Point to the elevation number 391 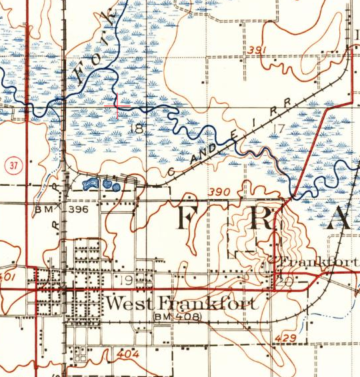click(x=255, y=51)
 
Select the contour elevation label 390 click(x=219, y=192)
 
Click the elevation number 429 click(x=284, y=340)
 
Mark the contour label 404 click(x=127, y=354)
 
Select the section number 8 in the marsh click(x=139, y=129)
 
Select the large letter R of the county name click(x=262, y=220)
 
